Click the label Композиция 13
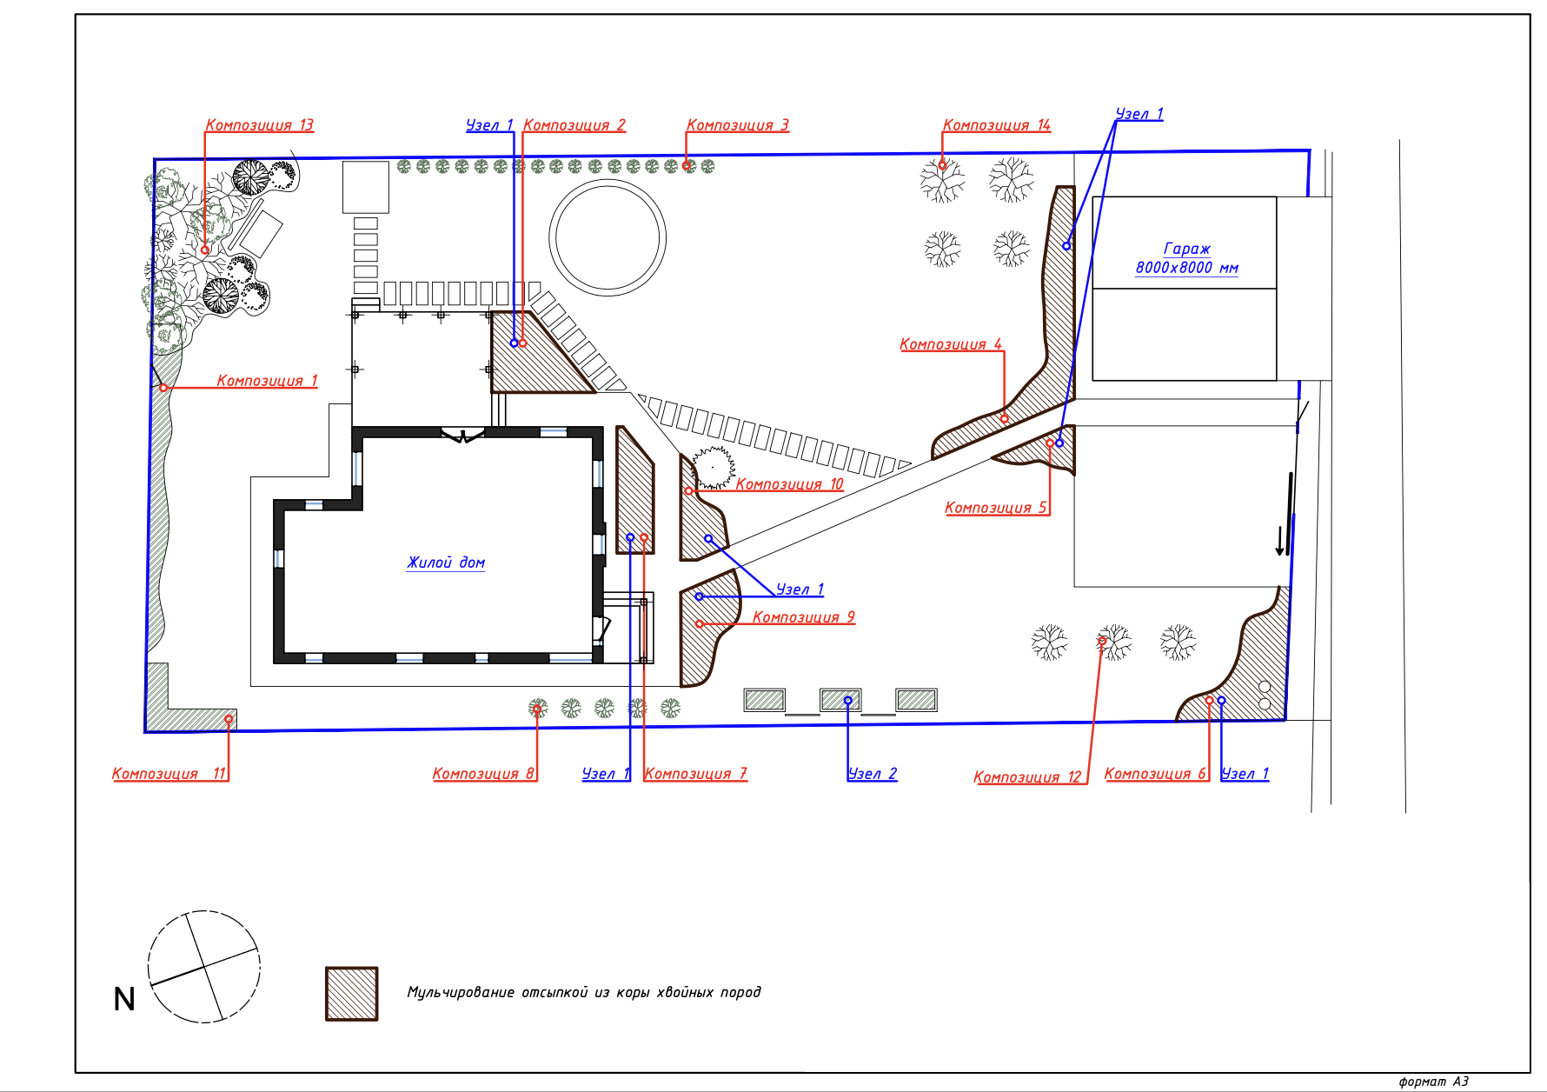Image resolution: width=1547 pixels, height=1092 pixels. (259, 125)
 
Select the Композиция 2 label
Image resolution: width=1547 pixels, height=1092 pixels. (574, 125)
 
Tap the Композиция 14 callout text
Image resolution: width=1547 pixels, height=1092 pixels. (997, 125)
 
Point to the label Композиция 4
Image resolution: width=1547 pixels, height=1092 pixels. (951, 344)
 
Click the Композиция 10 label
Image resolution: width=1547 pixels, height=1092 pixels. (789, 484)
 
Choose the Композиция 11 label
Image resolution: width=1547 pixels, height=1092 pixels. (169, 774)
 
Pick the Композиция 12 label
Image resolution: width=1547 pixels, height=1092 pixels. (1027, 777)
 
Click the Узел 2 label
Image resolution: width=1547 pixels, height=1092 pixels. (873, 774)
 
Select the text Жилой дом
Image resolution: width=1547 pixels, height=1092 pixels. (446, 563)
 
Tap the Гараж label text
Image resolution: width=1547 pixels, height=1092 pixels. (1187, 249)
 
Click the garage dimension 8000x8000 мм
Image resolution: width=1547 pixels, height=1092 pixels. (1187, 268)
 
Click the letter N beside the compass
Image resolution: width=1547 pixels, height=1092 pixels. (124, 999)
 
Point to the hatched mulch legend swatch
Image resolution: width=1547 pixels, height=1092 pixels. (352, 994)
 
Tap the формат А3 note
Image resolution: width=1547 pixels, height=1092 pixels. (1434, 1082)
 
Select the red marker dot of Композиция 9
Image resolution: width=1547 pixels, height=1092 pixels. (700, 624)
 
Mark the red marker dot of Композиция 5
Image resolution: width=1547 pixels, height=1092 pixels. (1050, 443)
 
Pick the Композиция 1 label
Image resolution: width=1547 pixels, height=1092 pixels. (267, 381)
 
